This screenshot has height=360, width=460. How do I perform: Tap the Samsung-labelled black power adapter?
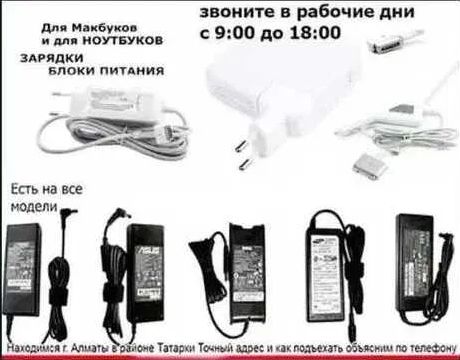click(330, 262)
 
